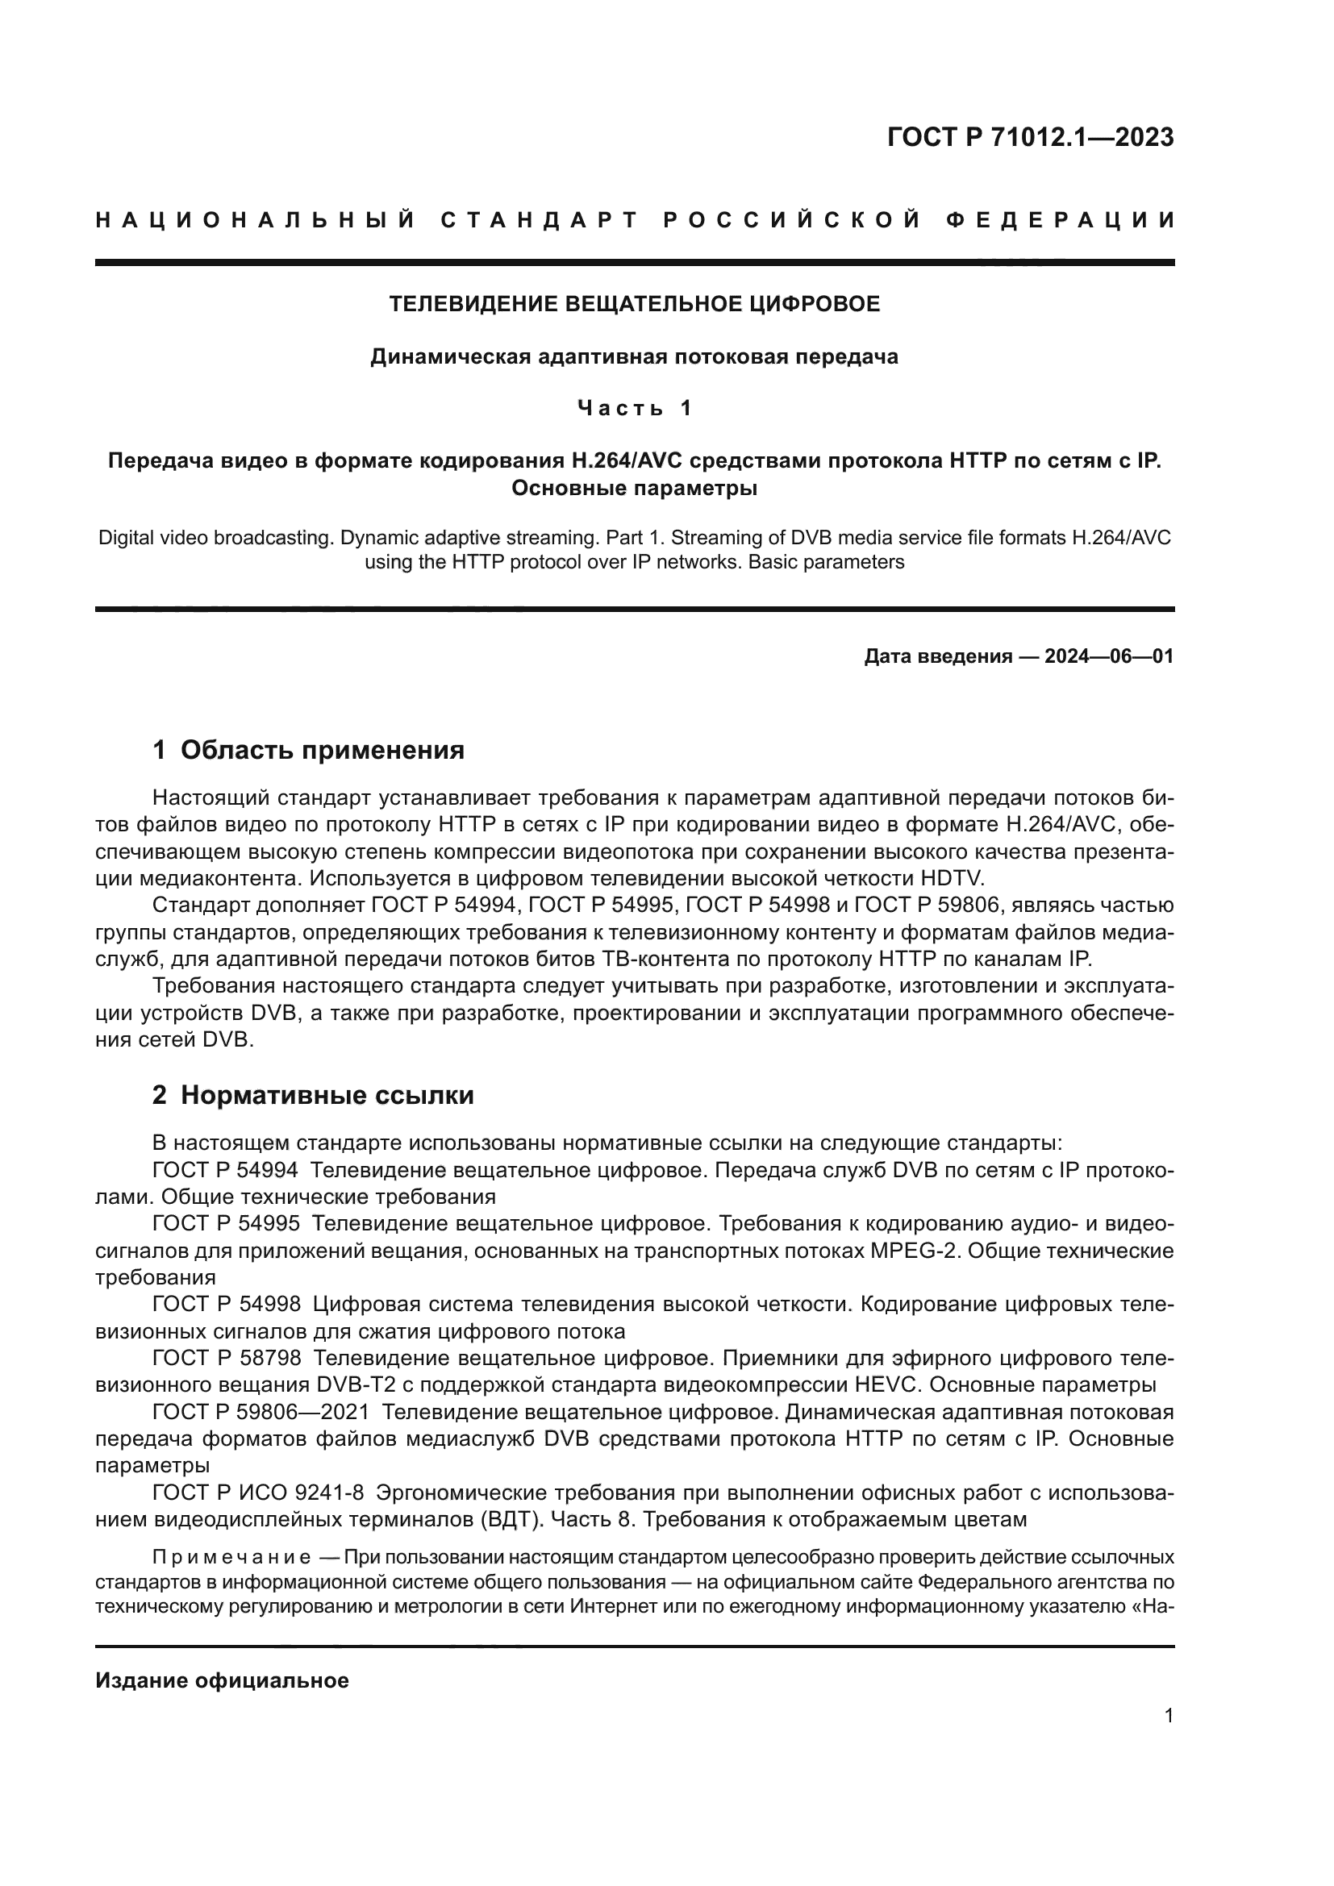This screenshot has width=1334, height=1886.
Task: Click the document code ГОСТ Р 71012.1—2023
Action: pos(1030,137)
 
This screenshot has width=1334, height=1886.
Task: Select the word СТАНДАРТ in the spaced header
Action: pos(540,220)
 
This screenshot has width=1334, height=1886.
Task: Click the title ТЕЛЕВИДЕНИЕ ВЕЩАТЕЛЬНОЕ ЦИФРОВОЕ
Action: pos(634,304)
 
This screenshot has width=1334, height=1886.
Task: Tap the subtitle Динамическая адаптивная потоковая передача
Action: pos(634,356)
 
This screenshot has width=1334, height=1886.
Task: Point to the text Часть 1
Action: pos(634,408)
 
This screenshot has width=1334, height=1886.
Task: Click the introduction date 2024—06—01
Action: pos(1108,656)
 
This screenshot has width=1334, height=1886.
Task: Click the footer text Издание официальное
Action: pos(222,1680)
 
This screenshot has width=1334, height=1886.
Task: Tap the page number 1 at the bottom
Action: pos(1169,1715)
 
